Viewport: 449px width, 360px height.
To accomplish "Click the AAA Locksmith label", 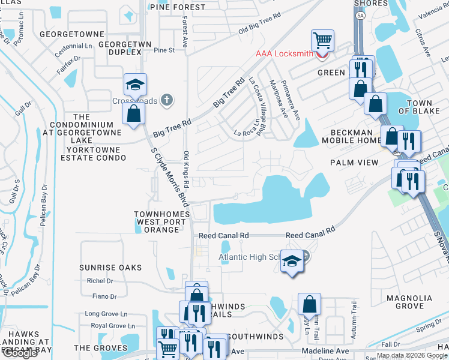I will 284,53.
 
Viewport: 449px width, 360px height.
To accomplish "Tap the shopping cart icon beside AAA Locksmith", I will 322,41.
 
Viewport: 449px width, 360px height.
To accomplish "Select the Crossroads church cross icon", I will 167,100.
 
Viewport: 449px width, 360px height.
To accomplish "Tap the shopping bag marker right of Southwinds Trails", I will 309,305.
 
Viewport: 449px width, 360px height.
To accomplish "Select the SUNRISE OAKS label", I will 110,268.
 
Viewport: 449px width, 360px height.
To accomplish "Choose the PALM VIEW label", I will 354,163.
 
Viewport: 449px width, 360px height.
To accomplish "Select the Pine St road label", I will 164,50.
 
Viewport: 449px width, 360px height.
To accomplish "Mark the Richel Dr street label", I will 100,281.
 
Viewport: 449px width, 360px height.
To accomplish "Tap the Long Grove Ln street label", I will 106,313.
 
